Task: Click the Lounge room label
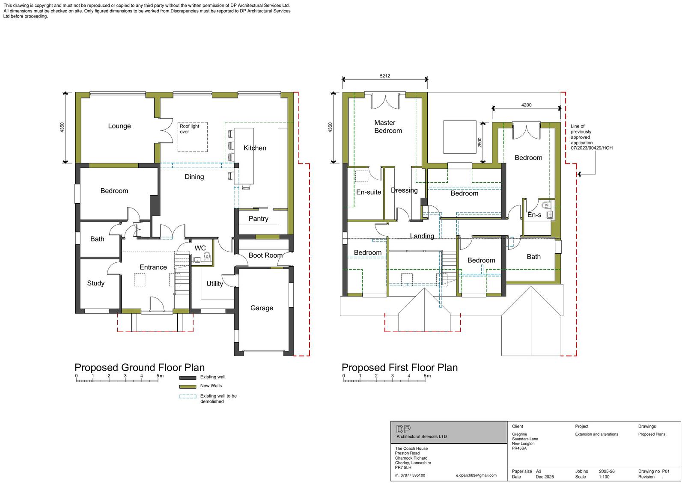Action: (x=119, y=126)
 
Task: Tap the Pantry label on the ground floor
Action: (x=258, y=219)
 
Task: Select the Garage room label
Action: (x=262, y=308)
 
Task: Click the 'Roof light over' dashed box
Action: (x=193, y=137)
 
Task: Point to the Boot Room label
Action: (x=265, y=255)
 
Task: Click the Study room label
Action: (x=95, y=283)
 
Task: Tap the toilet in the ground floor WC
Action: (x=207, y=257)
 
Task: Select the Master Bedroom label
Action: (x=388, y=127)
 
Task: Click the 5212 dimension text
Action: (x=385, y=76)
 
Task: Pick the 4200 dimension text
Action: (x=526, y=105)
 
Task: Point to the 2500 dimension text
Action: (x=479, y=143)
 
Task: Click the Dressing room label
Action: (x=404, y=190)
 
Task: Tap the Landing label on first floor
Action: (x=422, y=236)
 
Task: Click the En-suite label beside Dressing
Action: (x=368, y=192)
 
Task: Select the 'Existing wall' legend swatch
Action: (x=188, y=377)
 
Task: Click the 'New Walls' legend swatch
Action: (x=188, y=386)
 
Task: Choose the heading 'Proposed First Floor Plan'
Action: (x=399, y=368)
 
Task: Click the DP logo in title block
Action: (x=403, y=429)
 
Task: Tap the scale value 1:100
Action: (x=604, y=477)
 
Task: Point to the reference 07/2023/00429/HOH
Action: (x=591, y=148)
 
